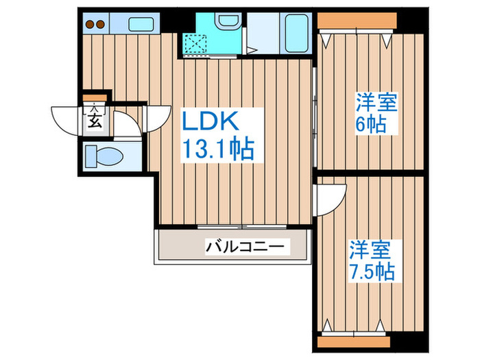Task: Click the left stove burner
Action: point(88,25)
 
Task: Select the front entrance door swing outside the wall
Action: point(63,119)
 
